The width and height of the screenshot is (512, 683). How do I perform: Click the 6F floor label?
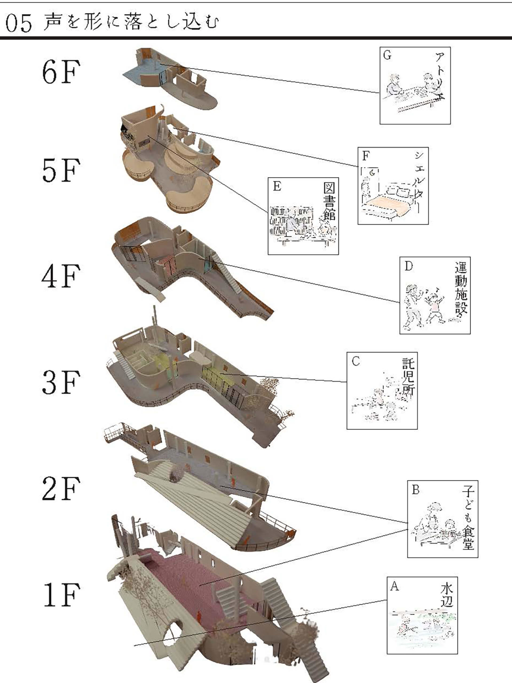61,72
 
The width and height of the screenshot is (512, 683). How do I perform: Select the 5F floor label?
61,170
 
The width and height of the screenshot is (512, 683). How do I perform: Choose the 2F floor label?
61,489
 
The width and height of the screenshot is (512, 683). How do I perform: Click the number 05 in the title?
18,23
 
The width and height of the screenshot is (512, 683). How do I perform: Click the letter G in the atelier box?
387,55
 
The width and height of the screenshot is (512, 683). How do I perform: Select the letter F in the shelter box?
366,156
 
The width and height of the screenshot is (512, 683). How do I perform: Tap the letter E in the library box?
277,186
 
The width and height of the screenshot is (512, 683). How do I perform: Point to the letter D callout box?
435,295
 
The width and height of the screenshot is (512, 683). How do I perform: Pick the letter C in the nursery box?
356,361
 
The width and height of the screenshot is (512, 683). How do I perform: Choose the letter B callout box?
443,519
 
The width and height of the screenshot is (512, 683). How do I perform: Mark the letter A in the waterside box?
395,586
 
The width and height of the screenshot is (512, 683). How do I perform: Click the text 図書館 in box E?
329,200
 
